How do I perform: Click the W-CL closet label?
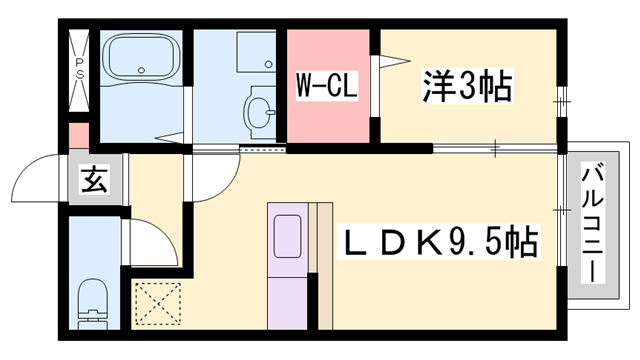(x=322, y=87)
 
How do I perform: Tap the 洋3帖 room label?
(x=467, y=87)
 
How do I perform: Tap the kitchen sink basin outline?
(x=290, y=238)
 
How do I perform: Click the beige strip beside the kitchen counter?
(x=323, y=265)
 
